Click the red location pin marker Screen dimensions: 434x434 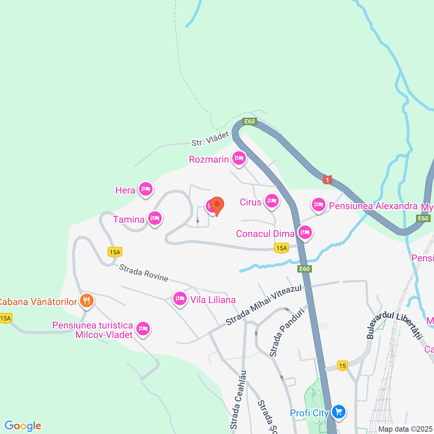click(217, 205)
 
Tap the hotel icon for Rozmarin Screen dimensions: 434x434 click(239, 158)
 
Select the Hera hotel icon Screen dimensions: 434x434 click(146, 189)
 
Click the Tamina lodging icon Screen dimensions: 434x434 click(155, 218)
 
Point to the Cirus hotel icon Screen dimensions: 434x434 click(272, 201)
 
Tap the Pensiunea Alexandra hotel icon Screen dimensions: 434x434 click(318, 204)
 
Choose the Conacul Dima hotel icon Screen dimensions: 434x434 click(305, 233)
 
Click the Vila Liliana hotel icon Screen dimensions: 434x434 click(180, 299)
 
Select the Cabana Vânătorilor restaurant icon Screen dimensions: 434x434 click(87, 300)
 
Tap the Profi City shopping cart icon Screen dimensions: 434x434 click(338, 412)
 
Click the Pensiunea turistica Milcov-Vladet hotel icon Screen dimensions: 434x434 click(143, 329)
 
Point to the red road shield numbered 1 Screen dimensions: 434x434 click(327, 179)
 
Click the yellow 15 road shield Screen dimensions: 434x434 click(342, 366)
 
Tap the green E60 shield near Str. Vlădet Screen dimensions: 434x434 click(250, 121)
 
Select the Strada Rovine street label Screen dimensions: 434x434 click(143, 273)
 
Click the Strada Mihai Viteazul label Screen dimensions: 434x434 click(263, 305)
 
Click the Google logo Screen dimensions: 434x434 click(23, 426)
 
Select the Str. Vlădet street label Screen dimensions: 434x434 click(210, 139)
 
